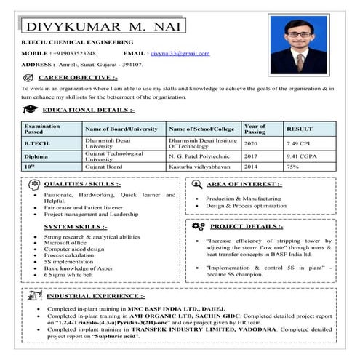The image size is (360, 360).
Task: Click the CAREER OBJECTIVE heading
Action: (78, 76)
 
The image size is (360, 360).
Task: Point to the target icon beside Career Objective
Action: (28, 77)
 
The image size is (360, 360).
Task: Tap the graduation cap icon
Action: (28, 110)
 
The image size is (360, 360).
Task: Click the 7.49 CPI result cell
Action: (298, 143)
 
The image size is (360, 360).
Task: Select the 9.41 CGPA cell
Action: (300, 156)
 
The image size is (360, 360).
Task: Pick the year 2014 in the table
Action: (251, 167)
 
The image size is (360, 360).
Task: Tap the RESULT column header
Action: (299, 129)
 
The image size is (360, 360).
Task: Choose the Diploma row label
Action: (36, 156)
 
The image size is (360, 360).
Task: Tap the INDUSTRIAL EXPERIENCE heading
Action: (95, 297)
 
